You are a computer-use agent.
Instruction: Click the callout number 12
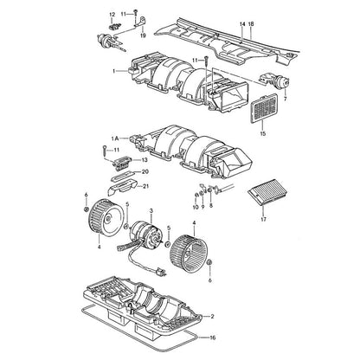112,15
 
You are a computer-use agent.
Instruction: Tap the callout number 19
143,35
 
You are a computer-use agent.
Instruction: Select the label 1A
115,138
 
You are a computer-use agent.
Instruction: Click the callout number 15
263,133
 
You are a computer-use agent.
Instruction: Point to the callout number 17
263,219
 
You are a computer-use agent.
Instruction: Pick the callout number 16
213,337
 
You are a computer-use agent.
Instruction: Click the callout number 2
212,317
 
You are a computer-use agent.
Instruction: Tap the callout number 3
151,211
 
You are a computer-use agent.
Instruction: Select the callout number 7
286,99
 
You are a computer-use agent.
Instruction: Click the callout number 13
145,160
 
